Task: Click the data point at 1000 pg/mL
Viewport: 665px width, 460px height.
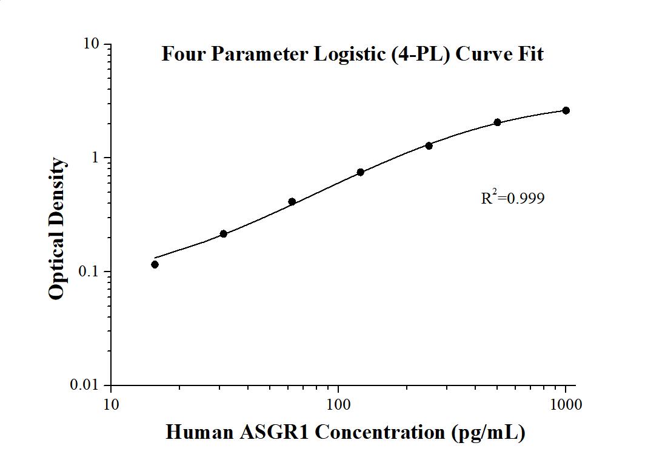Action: [x=566, y=110]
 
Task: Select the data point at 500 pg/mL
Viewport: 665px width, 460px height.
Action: [x=497, y=122]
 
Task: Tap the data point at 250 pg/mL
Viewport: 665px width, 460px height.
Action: [x=429, y=145]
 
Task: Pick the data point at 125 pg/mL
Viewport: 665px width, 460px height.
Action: [x=360, y=172]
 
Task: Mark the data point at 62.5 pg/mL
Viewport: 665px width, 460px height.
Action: [x=292, y=202]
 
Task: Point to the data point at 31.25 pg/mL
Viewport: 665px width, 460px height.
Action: [x=223, y=234]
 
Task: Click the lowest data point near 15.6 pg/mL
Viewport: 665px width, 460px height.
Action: [x=155, y=264]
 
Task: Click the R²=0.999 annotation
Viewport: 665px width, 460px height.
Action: [x=512, y=198]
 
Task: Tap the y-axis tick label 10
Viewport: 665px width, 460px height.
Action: [x=91, y=44]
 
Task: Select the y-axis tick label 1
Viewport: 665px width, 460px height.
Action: [x=95, y=158]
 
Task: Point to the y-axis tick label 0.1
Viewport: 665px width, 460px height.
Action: [x=89, y=272]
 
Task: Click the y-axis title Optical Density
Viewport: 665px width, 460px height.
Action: [x=56, y=228]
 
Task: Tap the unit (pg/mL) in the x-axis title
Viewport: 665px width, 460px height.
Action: [x=488, y=432]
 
